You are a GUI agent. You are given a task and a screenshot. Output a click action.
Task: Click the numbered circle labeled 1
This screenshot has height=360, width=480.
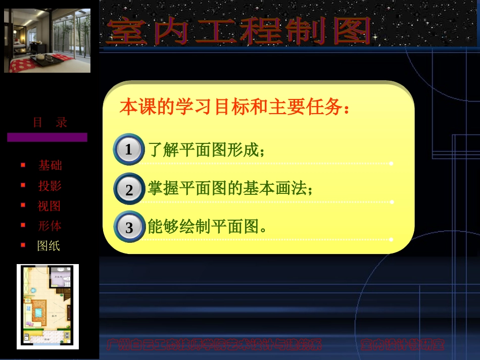128,149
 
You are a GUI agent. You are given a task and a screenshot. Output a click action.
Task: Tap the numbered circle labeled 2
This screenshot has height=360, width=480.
129,189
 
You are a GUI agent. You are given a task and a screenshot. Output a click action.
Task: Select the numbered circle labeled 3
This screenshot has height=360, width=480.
129,227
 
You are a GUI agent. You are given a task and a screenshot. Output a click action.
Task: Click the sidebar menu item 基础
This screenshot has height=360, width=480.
50,166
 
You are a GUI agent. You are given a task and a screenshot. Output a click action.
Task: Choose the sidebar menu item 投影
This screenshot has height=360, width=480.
50,186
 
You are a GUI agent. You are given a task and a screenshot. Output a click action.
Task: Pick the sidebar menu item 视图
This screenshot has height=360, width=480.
49,206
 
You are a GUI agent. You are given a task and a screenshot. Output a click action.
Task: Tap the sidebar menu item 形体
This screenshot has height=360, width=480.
50,226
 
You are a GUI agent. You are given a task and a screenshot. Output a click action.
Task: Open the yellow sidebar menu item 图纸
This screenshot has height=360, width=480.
49,246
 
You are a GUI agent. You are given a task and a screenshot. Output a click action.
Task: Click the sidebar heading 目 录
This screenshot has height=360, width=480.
50,123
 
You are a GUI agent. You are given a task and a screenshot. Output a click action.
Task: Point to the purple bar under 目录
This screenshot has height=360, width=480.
47,137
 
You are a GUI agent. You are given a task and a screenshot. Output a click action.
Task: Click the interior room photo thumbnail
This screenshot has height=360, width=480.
47,40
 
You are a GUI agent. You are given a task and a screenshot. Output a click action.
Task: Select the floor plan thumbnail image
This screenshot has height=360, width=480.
47,306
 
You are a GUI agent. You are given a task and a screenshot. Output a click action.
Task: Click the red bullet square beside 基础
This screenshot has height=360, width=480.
23,165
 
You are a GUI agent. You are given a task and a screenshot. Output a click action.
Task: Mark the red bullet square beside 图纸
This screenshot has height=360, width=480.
23,245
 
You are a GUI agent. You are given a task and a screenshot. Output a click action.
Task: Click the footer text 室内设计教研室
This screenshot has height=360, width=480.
402,345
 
